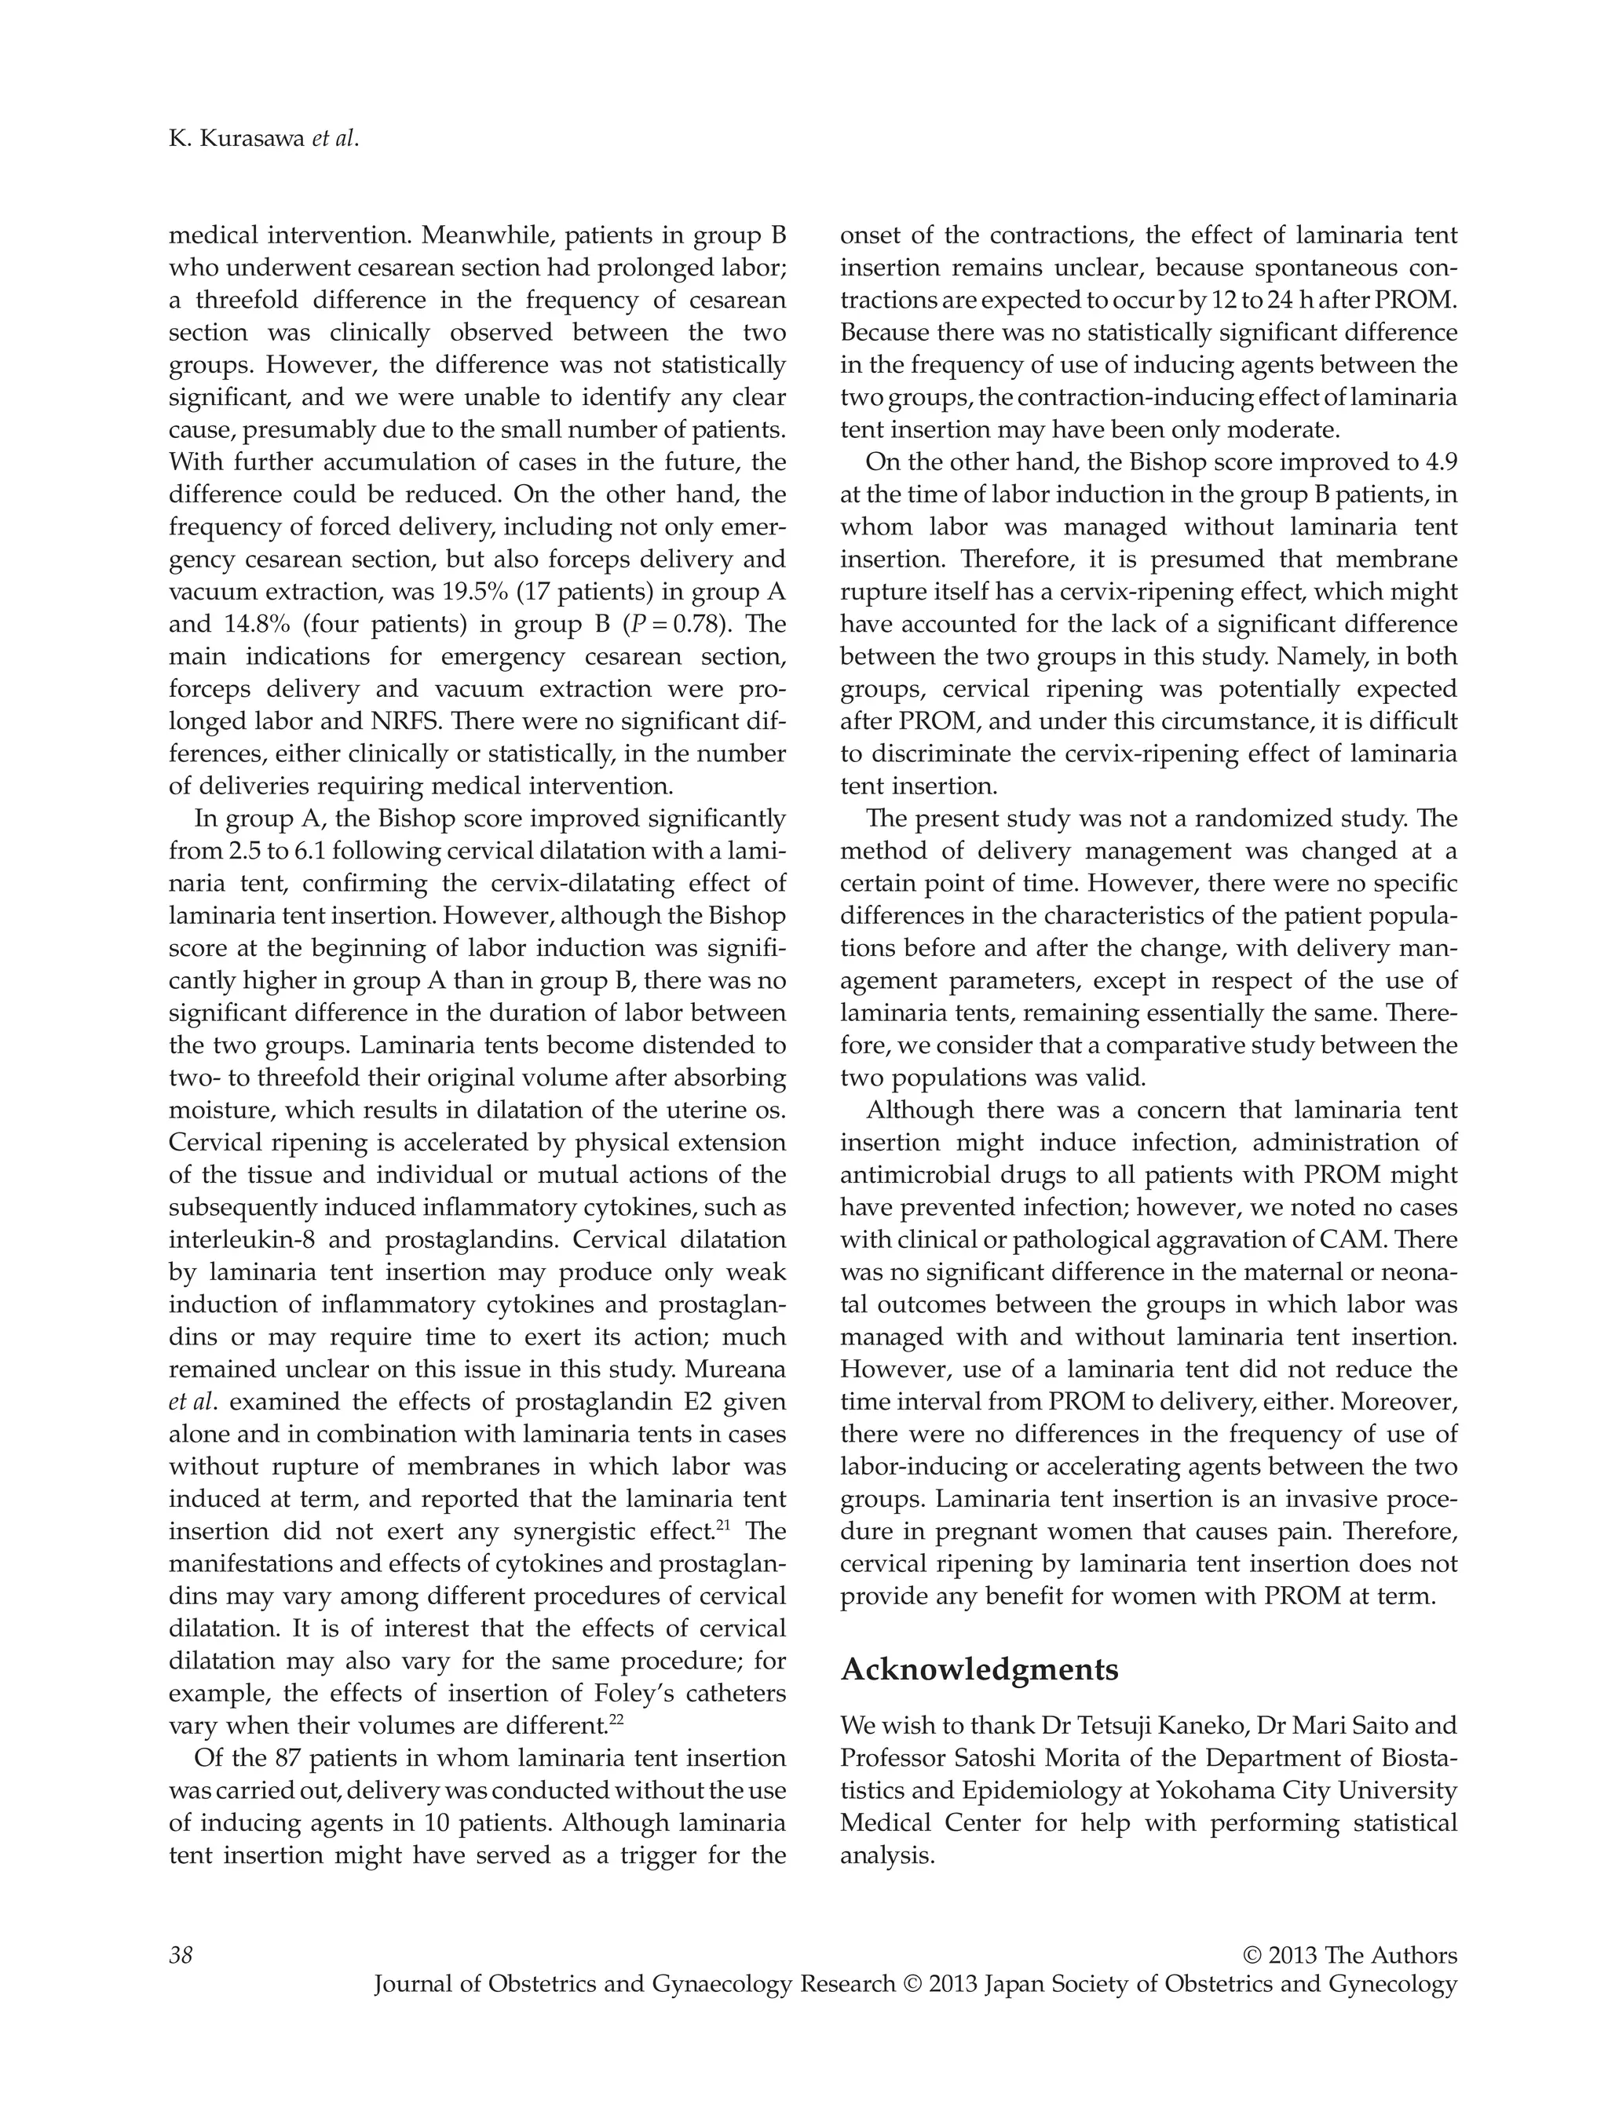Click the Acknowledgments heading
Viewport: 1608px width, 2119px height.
coord(978,1670)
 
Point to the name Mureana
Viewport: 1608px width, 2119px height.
coord(735,1370)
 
